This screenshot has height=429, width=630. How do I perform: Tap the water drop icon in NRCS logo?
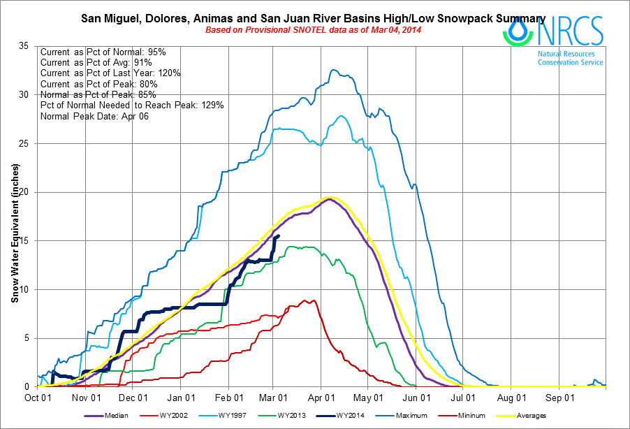(x=519, y=30)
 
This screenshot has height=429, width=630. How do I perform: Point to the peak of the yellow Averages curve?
(x=330, y=198)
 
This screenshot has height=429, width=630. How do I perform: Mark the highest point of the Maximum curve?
(x=333, y=70)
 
